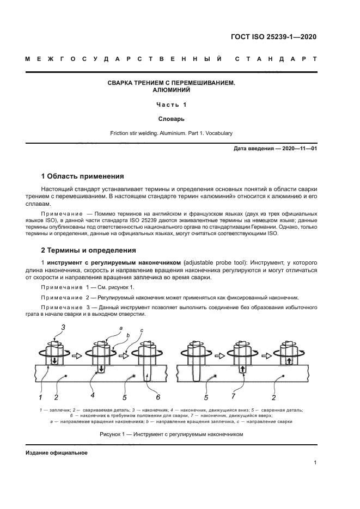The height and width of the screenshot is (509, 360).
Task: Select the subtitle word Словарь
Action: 172,118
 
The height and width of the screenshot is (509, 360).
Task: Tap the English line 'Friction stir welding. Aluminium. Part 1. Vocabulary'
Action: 172,133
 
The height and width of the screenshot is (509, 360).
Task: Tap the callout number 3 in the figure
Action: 63,327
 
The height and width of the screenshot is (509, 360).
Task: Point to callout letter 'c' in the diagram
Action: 142,330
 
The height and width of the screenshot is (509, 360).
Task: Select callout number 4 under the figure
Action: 93,395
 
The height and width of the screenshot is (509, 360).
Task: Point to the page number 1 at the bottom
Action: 315,463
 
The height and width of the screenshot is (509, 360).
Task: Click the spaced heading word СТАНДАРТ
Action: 276,59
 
